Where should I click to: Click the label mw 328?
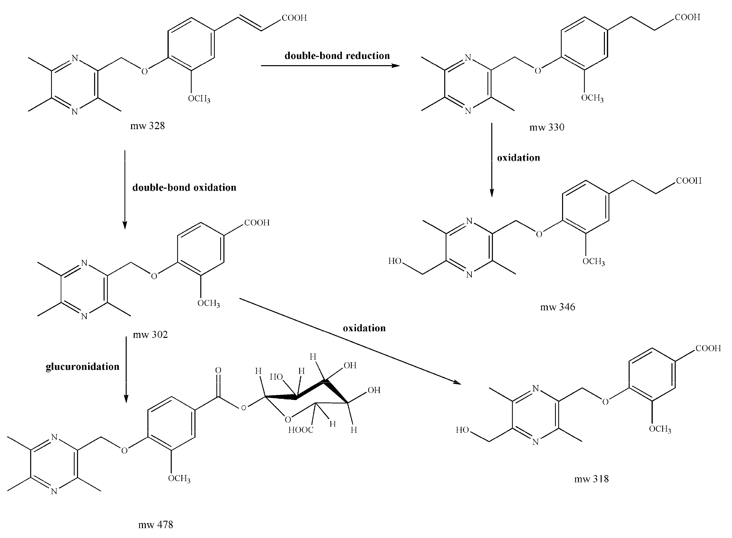[148, 126]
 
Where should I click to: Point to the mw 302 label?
[150, 334]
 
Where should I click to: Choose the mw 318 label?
[591, 479]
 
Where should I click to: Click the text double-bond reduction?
[337, 56]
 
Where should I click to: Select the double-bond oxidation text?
[184, 188]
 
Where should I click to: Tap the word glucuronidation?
[82, 367]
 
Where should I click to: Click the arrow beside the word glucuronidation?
[126, 370]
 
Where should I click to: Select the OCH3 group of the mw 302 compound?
[208, 303]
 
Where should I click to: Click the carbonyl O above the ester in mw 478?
[218, 370]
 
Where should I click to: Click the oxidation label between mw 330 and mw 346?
[518, 158]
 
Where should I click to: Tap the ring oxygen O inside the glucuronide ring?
[288, 420]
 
